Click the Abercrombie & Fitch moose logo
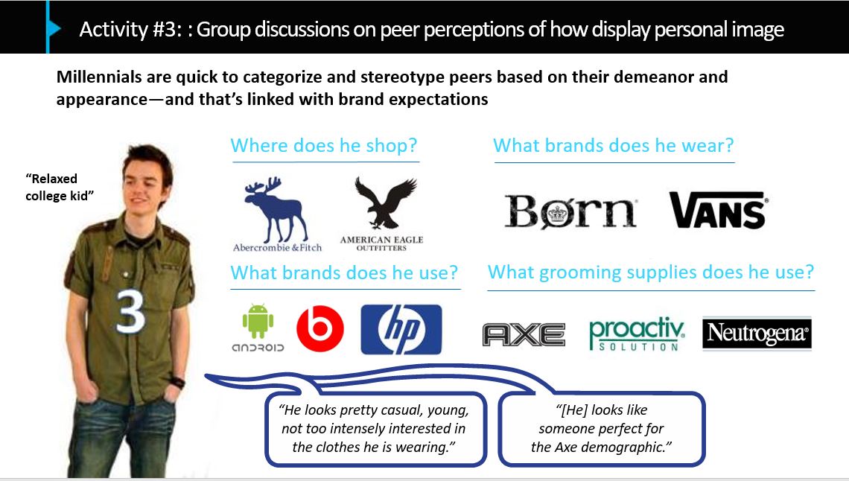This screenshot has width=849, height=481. (277, 214)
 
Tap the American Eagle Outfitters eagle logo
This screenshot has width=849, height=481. (382, 214)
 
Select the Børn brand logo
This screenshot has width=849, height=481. (570, 211)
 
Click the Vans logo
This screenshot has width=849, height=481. (718, 210)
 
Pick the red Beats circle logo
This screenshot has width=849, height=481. (320, 328)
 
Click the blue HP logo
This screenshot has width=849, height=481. (401, 329)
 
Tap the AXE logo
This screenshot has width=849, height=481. (524, 334)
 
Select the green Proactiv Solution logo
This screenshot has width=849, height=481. (637, 334)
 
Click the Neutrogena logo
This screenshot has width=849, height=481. (757, 334)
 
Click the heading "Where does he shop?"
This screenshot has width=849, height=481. (324, 145)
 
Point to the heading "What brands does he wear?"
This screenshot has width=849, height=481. (614, 145)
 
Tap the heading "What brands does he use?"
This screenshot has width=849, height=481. (344, 273)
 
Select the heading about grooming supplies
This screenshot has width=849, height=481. (651, 273)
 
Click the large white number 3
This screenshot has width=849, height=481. (130, 312)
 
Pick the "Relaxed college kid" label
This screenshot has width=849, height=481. (60, 187)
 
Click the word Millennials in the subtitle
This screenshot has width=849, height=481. (99, 77)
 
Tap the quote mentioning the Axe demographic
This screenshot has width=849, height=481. (601, 429)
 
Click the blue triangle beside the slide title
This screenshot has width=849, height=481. (54, 28)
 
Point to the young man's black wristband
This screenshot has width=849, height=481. (177, 381)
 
